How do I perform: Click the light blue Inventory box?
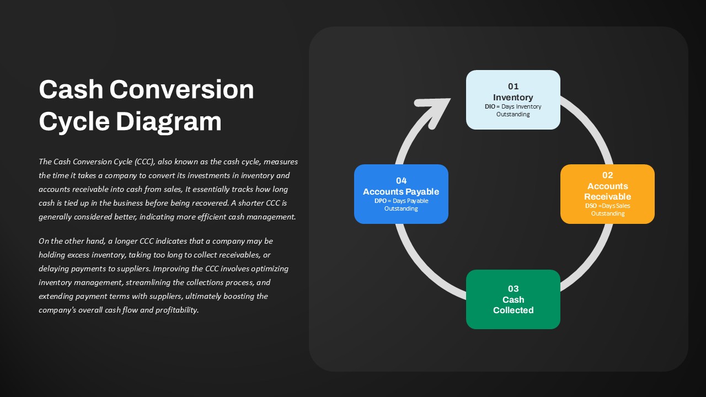513,100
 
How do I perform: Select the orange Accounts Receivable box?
607,194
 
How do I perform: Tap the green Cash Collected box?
513,299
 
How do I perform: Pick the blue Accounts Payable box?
401,194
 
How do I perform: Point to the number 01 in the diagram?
513,87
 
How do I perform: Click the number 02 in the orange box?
608,175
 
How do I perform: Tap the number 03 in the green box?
513,288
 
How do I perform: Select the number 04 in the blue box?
401,180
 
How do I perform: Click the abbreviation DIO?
490,106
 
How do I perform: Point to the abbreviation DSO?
591,206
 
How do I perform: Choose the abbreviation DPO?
381,201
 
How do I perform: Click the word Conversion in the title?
181,89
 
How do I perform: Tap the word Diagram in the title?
169,122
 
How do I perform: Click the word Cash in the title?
71,89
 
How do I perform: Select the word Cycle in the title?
74,122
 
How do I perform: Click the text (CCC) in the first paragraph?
145,162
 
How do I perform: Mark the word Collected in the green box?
513,310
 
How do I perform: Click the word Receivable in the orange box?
607,197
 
